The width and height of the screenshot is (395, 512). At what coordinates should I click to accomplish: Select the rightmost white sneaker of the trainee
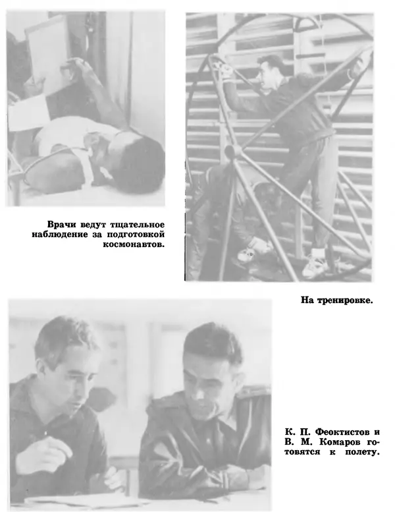tap(315, 266)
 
